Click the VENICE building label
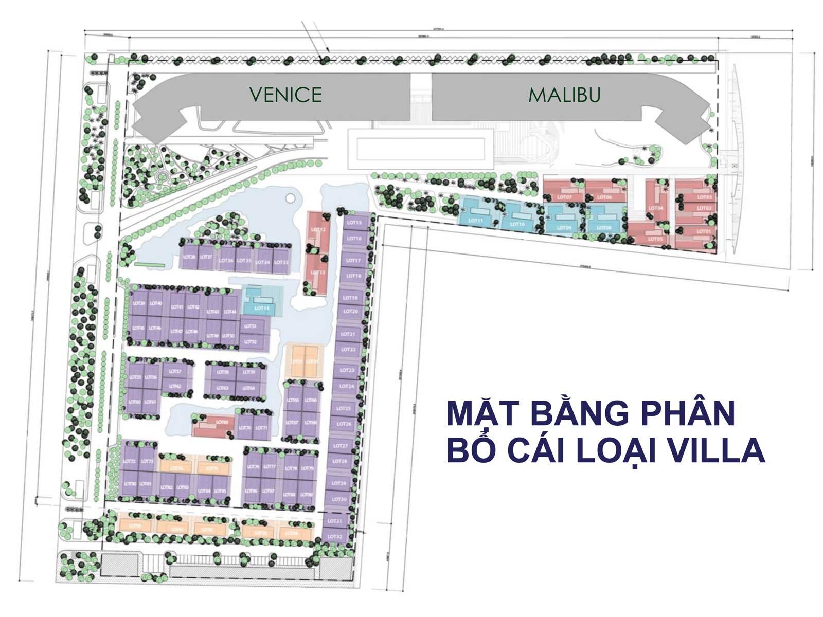285,95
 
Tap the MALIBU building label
564,95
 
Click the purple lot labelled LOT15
354,223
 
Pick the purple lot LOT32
335,537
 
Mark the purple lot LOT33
281,262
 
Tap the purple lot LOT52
251,341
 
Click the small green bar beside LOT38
150,265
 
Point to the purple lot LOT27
340,445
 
